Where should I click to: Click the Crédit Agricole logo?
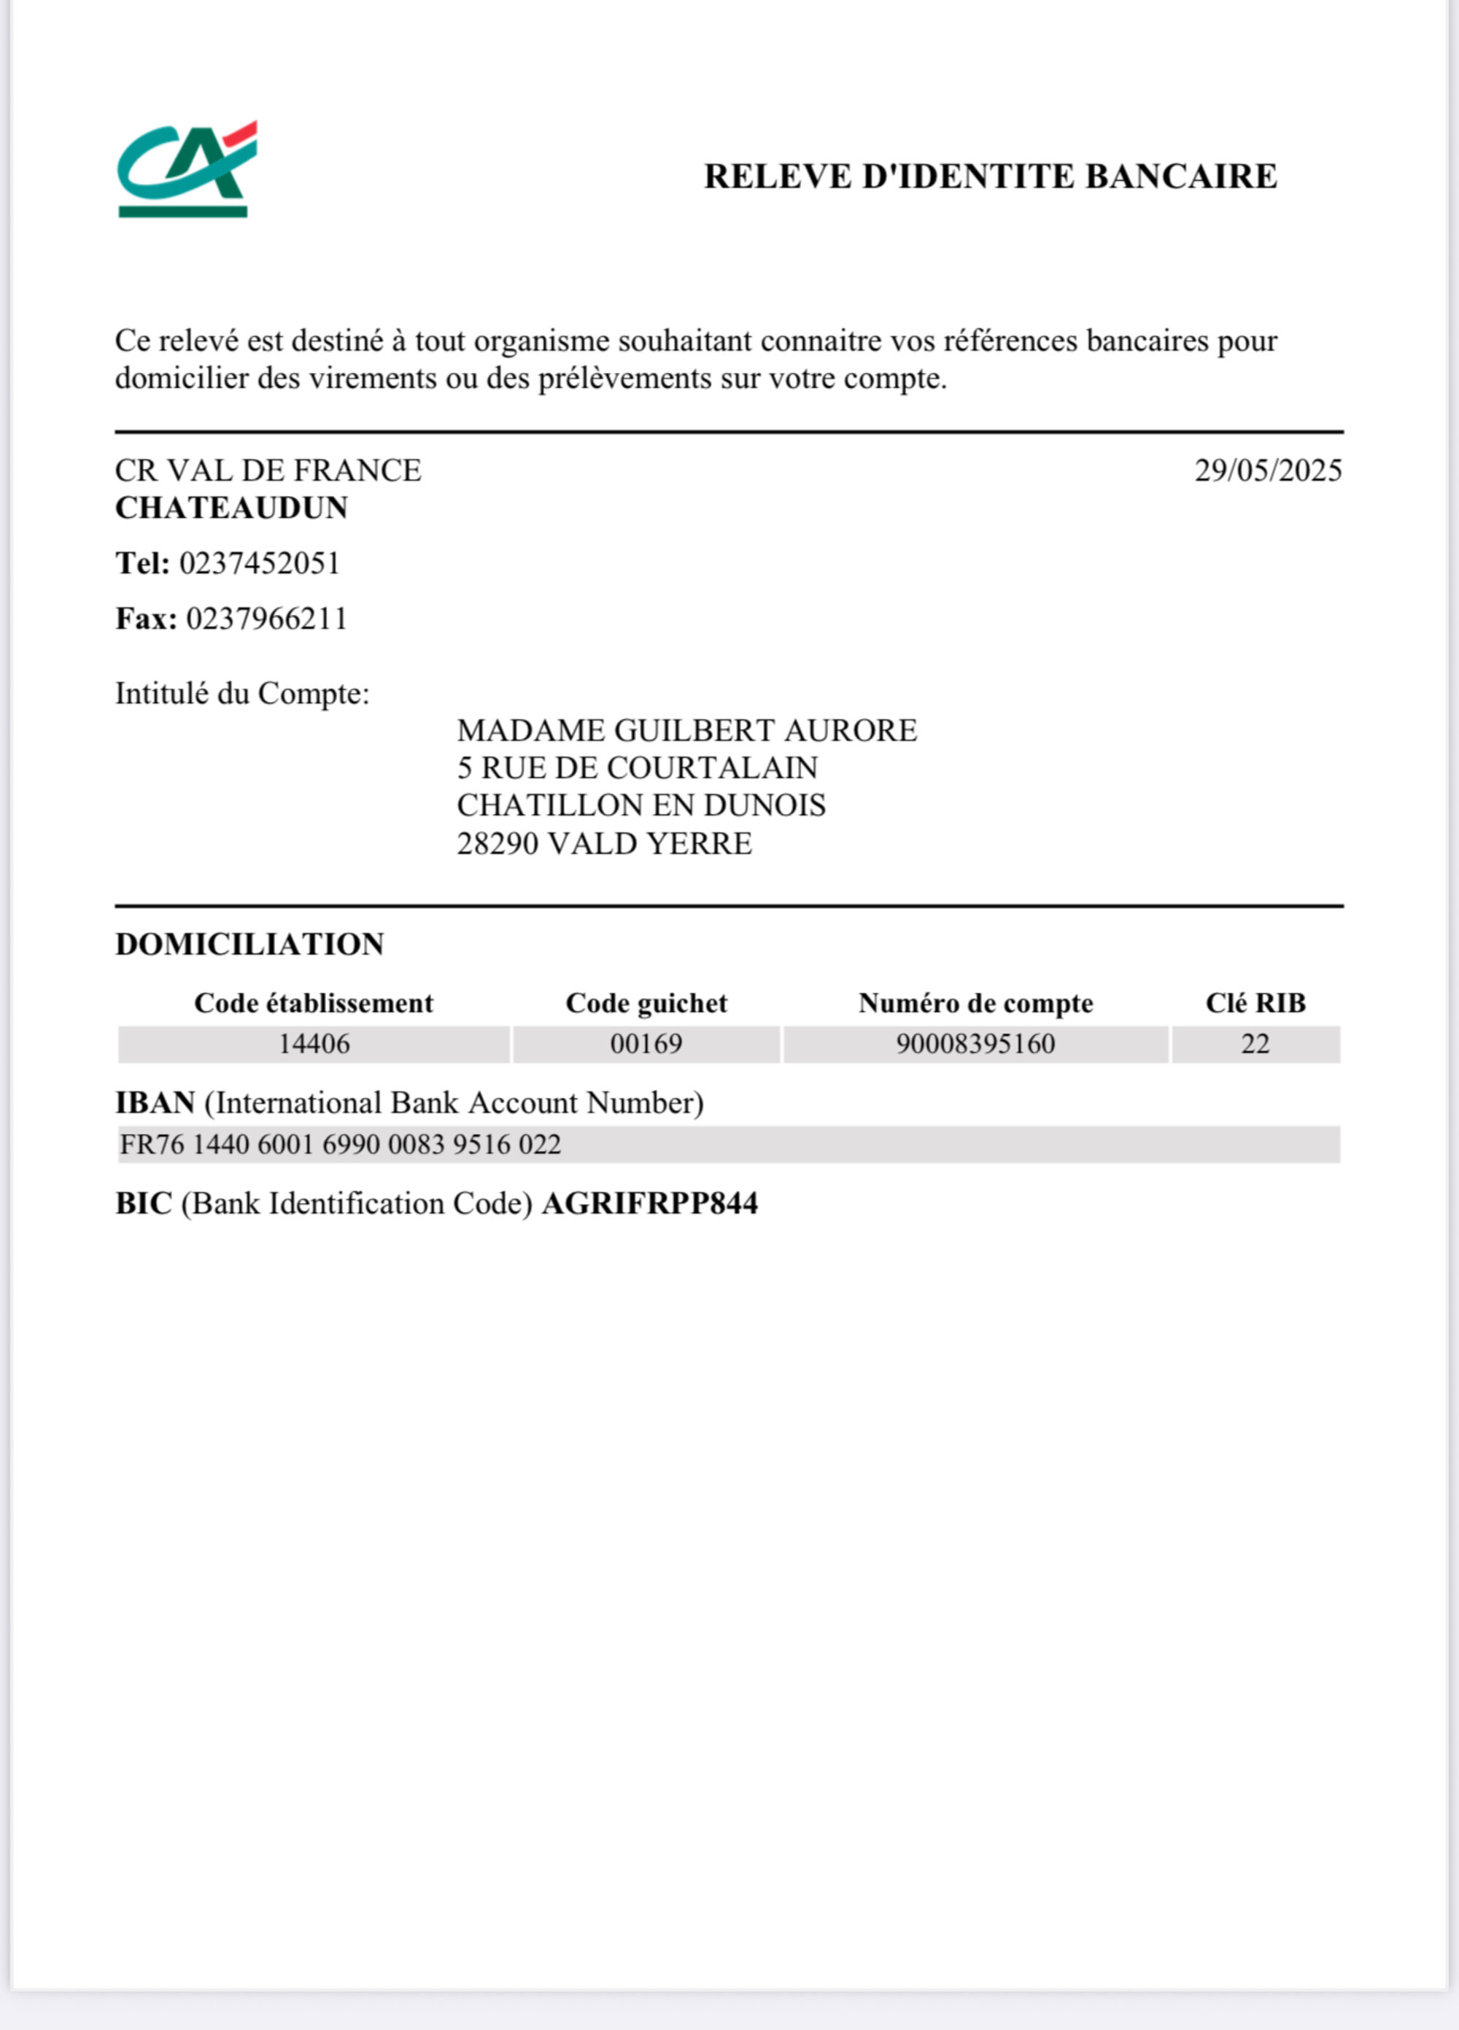[x=186, y=169]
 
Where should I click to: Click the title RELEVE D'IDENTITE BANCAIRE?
[x=990, y=177]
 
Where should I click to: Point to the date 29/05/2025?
[x=1267, y=470]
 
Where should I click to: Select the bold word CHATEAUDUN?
[x=231, y=508]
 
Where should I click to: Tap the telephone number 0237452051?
[x=260, y=564]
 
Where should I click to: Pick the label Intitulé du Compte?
[x=241, y=694]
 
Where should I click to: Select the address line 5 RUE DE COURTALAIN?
[x=636, y=769]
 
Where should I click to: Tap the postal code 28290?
[x=498, y=844]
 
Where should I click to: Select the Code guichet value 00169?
[x=646, y=1045]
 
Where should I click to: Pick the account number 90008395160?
[x=975, y=1045]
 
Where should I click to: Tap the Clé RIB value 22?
[x=1255, y=1045]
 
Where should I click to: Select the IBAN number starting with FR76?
[x=340, y=1144]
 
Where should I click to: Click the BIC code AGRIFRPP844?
[x=650, y=1204]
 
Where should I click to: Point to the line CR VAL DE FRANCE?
[x=268, y=470]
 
